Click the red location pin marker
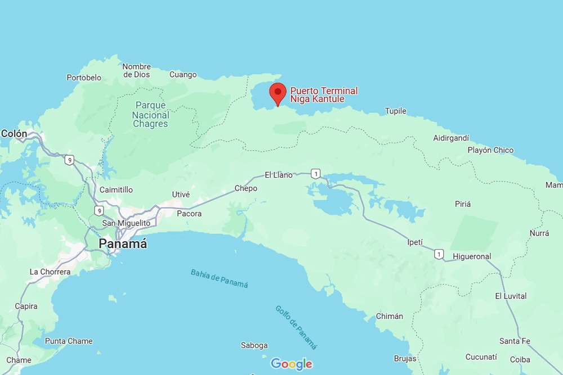(278, 93)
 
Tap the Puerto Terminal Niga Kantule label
(324, 95)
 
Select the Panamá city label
(123, 244)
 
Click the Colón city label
(14, 134)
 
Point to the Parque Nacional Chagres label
(150, 115)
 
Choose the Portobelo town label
(84, 78)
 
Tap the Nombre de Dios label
(136, 70)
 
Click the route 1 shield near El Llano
(316, 173)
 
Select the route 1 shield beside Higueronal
(439, 254)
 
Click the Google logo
(292, 364)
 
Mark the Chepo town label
(245, 188)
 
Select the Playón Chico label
(490, 150)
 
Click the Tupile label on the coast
(396, 111)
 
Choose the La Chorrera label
(50, 272)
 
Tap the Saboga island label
(254, 346)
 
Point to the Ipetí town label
(414, 242)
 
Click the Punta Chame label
(69, 341)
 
